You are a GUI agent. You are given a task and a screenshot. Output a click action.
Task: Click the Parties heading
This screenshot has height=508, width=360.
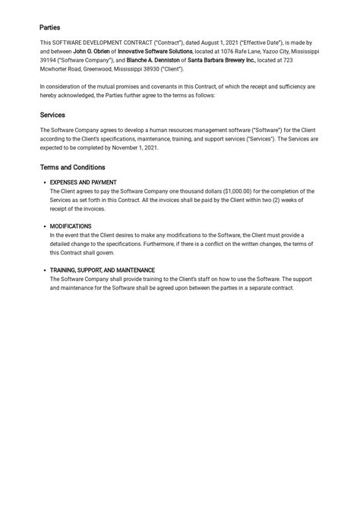click(x=50, y=27)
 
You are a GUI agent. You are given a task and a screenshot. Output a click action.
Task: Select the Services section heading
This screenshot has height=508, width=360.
click(x=52, y=115)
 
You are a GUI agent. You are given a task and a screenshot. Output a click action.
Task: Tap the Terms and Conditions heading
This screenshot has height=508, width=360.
click(x=72, y=167)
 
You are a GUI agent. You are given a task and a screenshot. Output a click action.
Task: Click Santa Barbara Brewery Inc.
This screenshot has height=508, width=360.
click(x=221, y=59)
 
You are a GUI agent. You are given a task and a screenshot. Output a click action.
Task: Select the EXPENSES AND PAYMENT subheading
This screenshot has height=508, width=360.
click(x=84, y=183)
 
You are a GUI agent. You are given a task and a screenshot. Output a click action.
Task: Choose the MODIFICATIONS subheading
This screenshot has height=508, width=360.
click(x=71, y=226)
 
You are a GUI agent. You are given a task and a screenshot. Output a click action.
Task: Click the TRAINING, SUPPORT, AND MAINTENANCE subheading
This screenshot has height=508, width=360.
click(x=102, y=270)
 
